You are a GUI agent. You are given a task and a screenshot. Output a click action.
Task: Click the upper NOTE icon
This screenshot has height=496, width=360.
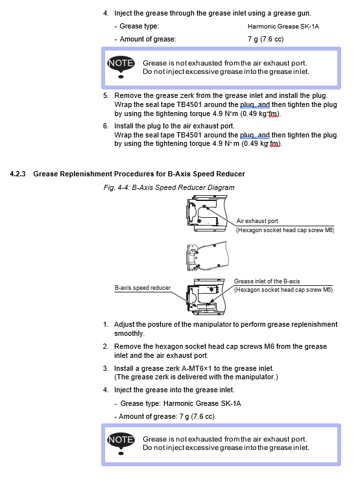tap(121, 67)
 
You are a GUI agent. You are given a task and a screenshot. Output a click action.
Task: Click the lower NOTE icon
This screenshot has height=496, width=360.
tap(121, 443)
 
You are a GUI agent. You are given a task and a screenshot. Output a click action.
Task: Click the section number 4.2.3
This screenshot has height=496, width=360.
tap(18, 174)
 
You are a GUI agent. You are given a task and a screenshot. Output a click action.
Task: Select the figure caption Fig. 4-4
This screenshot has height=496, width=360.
tap(169, 187)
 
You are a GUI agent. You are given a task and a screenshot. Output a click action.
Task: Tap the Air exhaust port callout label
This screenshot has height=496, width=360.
tap(257, 221)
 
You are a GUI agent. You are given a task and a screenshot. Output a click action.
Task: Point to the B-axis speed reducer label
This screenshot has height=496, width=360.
tap(142, 288)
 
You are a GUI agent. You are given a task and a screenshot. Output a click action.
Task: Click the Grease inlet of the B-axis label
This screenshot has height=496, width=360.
tap(267, 281)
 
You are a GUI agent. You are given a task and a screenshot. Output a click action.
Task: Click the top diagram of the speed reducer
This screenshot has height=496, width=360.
tap(207, 213)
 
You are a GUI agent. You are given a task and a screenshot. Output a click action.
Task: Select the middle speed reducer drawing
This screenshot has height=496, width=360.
tap(207, 256)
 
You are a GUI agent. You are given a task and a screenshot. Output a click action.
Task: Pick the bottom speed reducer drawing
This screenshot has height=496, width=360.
tap(206, 296)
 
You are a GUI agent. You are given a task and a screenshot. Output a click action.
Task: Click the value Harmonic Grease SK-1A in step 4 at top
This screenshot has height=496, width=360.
tap(283, 26)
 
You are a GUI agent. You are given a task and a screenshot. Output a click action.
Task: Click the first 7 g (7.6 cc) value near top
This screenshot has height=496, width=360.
tap(266, 39)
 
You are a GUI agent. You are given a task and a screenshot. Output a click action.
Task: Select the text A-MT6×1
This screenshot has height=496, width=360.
tap(197, 368)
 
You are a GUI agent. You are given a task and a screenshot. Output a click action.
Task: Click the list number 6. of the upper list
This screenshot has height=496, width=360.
tap(106, 126)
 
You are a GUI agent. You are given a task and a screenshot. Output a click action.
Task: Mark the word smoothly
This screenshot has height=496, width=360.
tap(129, 334)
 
